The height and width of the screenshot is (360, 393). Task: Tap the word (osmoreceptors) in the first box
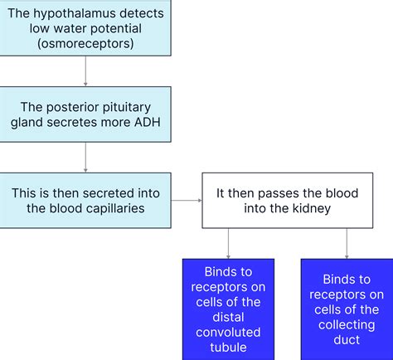click(x=86, y=45)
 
